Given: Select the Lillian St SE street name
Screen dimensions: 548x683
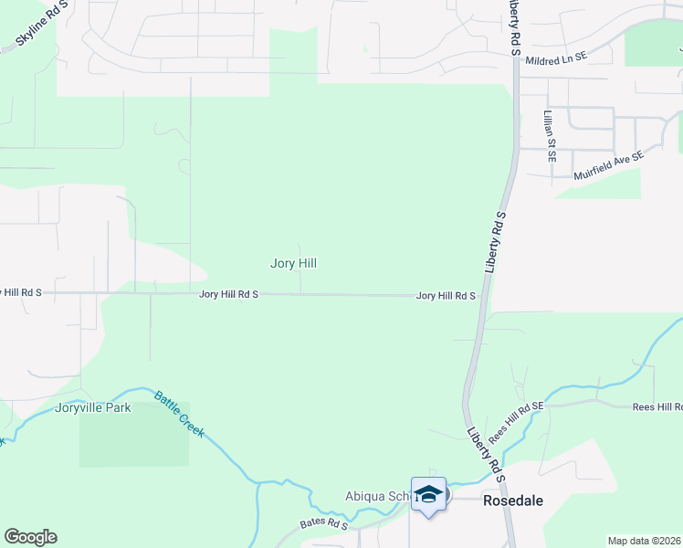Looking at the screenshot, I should click(x=549, y=136).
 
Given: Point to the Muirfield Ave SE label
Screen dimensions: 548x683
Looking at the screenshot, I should click(x=608, y=164).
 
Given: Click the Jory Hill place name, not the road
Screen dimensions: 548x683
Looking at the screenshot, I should click(x=293, y=263).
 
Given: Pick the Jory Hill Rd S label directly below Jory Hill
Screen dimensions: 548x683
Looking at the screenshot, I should click(x=228, y=295).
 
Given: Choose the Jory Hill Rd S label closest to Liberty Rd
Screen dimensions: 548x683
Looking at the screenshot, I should click(x=446, y=296).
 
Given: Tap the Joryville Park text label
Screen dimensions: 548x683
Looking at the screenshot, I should click(x=93, y=407).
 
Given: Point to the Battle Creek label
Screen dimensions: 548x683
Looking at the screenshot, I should click(x=179, y=414).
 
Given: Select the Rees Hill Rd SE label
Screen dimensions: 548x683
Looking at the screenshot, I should click(x=516, y=423).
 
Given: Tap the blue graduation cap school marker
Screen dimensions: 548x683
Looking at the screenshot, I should click(x=428, y=495).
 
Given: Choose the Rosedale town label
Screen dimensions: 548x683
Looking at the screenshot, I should click(x=513, y=501).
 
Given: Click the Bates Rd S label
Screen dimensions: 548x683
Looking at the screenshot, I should click(x=324, y=525).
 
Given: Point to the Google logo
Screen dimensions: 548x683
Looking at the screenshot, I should click(x=30, y=537).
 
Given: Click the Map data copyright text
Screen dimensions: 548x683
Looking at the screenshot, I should click(x=643, y=541).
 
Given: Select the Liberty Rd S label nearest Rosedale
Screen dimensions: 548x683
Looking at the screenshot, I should click(x=485, y=451).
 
